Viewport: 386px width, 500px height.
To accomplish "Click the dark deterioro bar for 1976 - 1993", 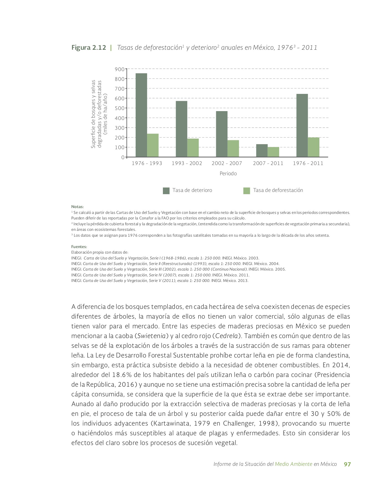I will point(141,115).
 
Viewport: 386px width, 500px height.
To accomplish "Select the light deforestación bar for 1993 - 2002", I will point(193,148).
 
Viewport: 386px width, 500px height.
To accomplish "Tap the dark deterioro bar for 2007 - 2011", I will point(262,151).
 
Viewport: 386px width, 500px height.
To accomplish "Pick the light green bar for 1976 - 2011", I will point(314,147).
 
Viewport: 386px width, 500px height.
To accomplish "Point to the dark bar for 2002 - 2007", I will point(222,134).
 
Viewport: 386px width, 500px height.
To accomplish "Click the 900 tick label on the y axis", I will point(120,69).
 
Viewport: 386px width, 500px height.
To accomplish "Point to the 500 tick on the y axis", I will point(120,108).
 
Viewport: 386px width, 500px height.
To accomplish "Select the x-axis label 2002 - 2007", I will point(227,163).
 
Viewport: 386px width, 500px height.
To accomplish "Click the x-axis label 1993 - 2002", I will point(187,163).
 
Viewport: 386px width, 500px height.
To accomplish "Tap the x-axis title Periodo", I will point(228,174).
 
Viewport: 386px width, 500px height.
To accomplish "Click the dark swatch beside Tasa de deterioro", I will point(166,191).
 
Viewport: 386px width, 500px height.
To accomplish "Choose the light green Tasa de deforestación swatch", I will point(247,191).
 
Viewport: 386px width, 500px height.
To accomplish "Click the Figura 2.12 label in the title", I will point(89,47).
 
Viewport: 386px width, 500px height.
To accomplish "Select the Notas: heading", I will point(77,207).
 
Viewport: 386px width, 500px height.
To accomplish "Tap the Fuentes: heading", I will point(79,247).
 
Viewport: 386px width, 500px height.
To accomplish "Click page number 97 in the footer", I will point(347,464).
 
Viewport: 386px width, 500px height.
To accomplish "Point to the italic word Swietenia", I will point(151,336).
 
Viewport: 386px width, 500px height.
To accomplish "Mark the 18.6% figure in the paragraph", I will point(122,375).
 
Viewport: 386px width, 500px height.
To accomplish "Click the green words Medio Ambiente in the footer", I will point(293,464).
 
